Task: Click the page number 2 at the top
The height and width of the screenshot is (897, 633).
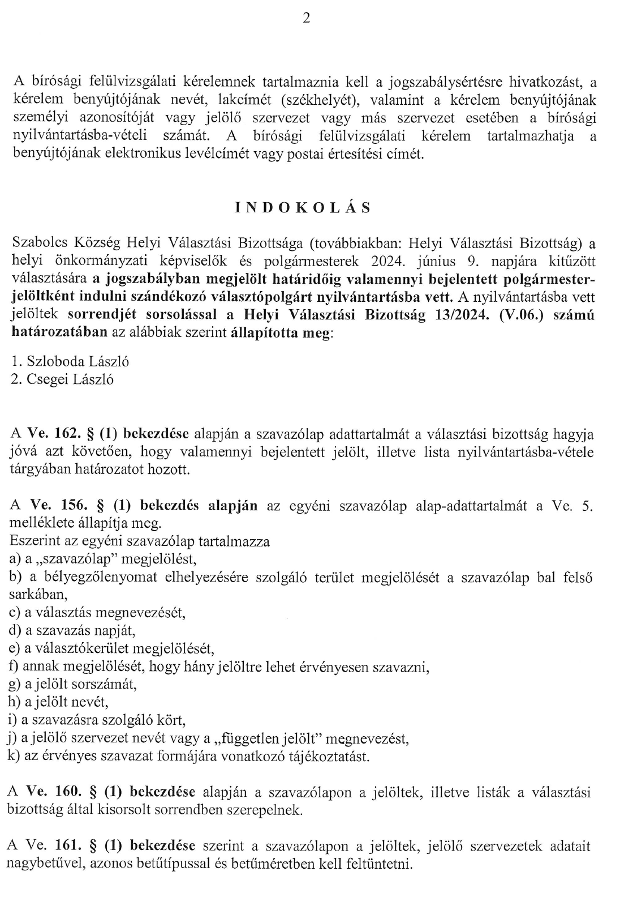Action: point(306,19)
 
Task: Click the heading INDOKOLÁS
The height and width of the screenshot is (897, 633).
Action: point(303,208)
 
